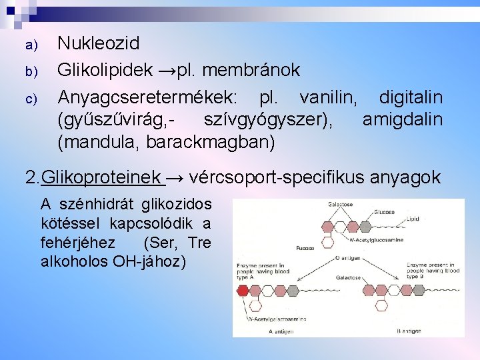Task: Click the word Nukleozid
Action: coord(99,44)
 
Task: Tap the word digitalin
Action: coord(411,97)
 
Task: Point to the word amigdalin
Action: coord(402,120)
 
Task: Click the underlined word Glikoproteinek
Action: coord(101,177)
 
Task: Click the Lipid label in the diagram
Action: coord(414,218)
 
